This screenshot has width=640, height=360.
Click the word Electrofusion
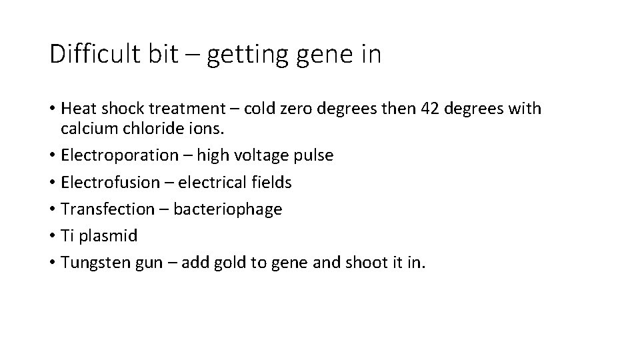coord(109,182)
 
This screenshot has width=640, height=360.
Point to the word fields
coord(269,182)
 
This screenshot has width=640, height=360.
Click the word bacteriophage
coord(228,209)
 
